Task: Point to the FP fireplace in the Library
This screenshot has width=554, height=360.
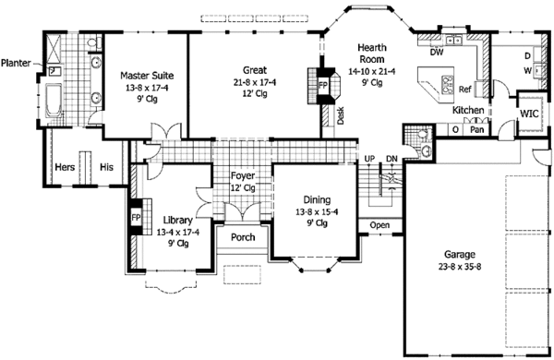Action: (x=135, y=218)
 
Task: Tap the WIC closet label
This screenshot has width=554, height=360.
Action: (x=529, y=114)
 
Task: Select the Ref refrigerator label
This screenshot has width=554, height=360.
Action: (x=465, y=90)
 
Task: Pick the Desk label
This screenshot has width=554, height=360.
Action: (x=341, y=115)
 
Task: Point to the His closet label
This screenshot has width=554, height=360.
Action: (x=106, y=167)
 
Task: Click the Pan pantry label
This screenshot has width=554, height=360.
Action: (x=476, y=130)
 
